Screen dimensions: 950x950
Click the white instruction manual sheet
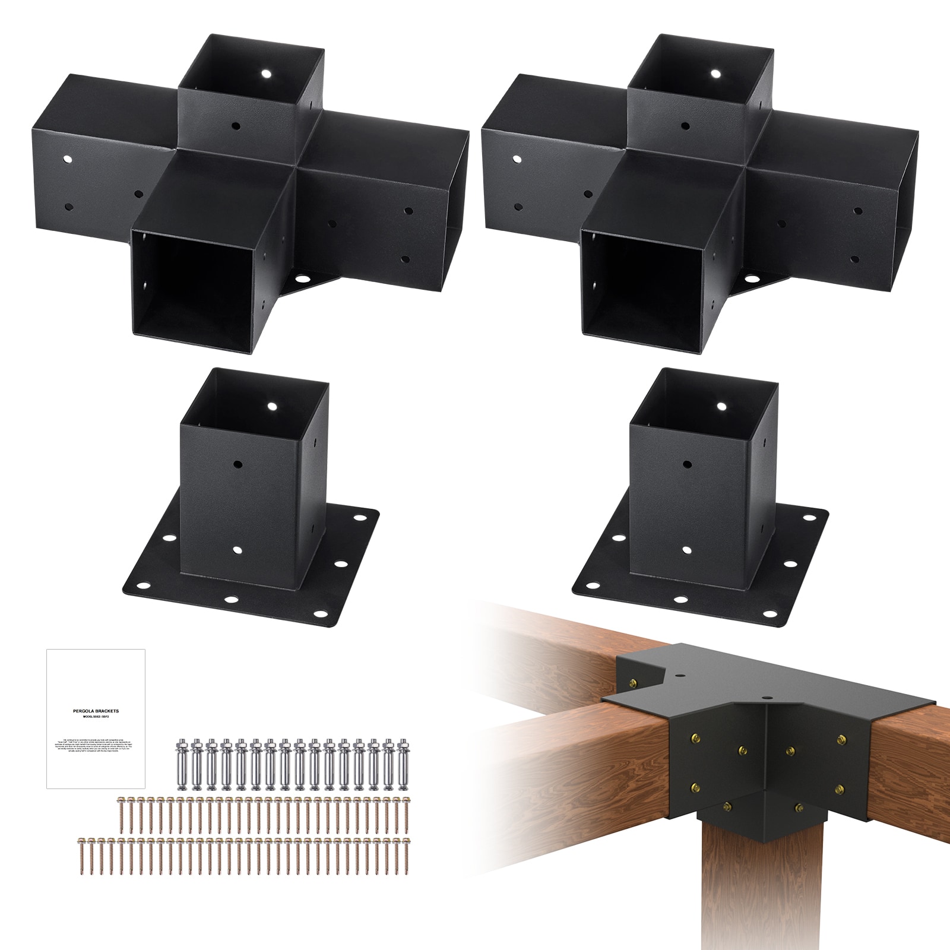coord(96,719)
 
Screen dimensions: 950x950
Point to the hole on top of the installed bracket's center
coord(764,696)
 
